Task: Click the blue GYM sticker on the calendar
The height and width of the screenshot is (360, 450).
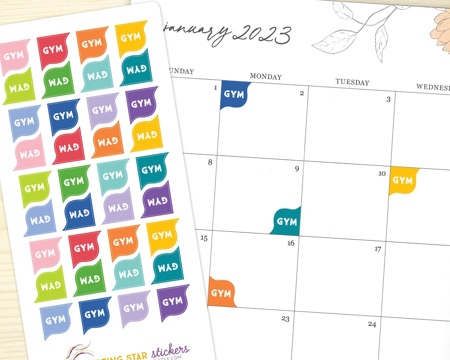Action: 234,95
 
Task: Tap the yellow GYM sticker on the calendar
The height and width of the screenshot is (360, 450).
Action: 402,180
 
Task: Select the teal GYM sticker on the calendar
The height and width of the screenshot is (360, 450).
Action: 287,221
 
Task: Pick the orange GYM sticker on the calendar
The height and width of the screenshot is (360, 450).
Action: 221,292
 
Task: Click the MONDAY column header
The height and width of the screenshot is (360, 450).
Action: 266,77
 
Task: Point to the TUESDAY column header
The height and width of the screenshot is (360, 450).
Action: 352,82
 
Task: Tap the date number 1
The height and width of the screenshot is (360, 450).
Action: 215,87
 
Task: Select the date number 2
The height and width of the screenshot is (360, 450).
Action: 302,93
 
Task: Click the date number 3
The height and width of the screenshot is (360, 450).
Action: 388,99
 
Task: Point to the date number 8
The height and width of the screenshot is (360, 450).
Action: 210,162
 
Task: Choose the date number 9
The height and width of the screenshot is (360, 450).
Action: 297,169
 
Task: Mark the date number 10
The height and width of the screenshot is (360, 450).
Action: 382,173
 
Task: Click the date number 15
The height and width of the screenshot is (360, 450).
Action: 204,238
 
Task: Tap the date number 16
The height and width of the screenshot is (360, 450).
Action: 291,243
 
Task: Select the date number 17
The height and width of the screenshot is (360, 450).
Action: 377,249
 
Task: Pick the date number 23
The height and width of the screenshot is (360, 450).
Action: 285,319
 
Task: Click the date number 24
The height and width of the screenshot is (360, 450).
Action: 372,324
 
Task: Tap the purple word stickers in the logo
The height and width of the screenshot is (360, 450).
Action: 170,349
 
